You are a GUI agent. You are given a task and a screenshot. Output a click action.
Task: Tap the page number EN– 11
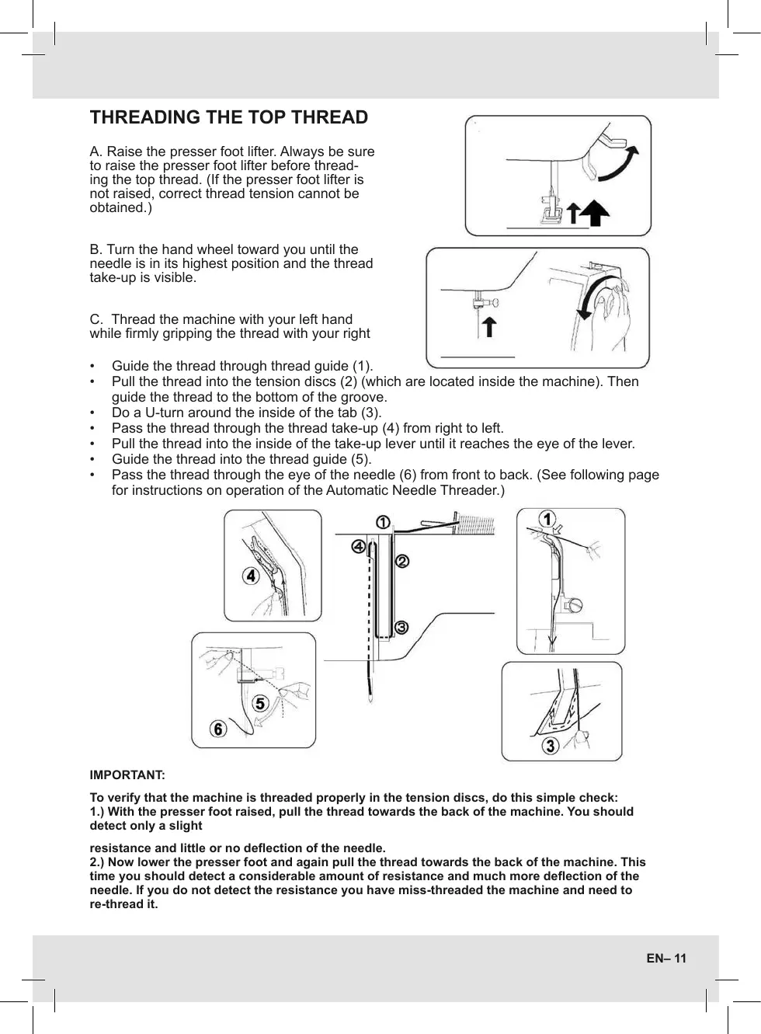point(666,958)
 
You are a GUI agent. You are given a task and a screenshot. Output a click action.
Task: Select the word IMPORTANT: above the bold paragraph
point(127,775)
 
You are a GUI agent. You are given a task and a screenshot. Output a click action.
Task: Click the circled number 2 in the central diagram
point(402,560)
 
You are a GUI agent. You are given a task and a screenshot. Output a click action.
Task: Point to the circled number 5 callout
point(259,704)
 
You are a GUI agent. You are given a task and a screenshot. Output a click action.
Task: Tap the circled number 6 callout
point(218,729)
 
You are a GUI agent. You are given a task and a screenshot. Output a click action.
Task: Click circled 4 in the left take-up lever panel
point(249,576)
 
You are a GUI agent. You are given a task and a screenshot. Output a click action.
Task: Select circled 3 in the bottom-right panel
point(550,746)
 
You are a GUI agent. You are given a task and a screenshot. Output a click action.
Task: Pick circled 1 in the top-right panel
point(547,518)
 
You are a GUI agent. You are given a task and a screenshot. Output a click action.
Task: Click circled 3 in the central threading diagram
point(401,627)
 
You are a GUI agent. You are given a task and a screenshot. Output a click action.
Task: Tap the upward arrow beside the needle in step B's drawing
point(489,326)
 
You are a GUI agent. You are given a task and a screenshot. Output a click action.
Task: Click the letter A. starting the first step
point(96,151)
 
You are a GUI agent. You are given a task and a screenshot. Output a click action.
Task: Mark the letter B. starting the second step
point(96,249)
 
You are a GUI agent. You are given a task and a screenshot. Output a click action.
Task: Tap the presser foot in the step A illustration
point(551,212)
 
